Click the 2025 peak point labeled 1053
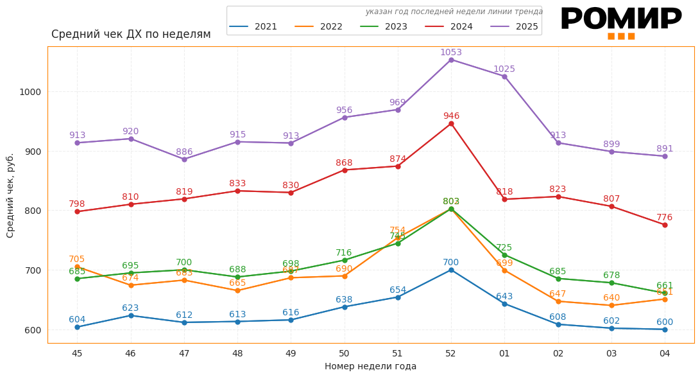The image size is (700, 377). tap(451, 60)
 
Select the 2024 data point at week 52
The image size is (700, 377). tap(451, 123)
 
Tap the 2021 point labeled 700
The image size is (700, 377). tap(451, 270)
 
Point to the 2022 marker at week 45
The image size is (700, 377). tap(77, 267)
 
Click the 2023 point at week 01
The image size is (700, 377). tap(504, 255)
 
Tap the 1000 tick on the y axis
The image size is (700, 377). tap(30, 92)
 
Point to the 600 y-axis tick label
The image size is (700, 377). tap(33, 330)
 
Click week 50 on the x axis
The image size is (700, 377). tap(345, 353)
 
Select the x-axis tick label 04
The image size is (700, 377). tap(665, 353)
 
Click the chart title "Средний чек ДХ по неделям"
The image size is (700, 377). tap(131, 35)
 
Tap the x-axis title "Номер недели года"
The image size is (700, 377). tap(370, 367)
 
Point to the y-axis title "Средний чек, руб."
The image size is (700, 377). tap(10, 195)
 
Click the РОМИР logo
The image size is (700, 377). tap(620, 21)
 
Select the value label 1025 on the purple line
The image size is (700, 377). tap(504, 69)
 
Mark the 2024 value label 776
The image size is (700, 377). tap(665, 218)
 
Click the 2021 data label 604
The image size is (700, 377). tap(77, 320)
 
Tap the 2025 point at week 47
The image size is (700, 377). tap(184, 159)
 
